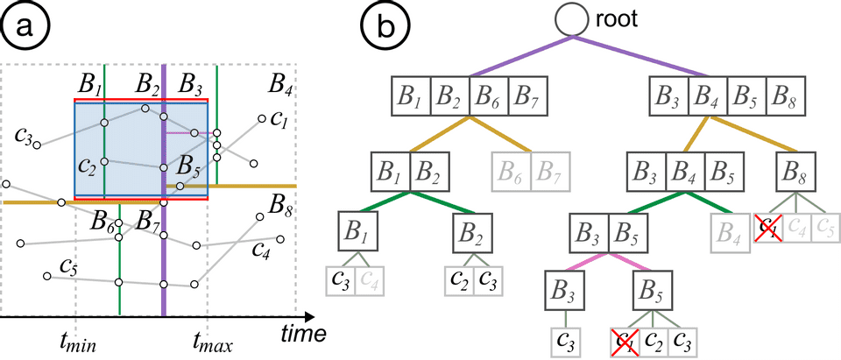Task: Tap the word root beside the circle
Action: click(618, 20)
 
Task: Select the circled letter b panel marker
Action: click(385, 25)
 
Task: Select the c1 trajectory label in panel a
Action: click(279, 120)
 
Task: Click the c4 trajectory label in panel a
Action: click(259, 251)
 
